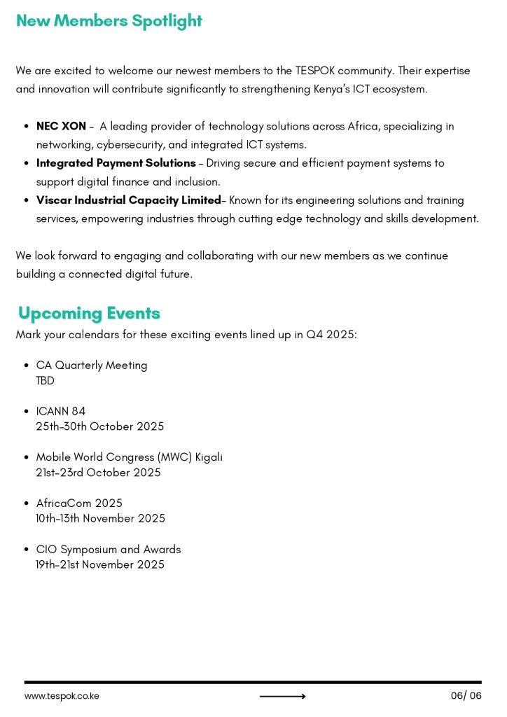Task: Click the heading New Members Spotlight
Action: (109, 21)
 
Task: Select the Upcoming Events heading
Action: (89, 313)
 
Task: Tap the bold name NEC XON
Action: (61, 127)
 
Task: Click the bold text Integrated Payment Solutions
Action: (116, 163)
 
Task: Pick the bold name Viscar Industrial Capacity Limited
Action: (128, 200)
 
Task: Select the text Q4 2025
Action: (330, 335)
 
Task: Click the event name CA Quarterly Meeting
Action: (92, 366)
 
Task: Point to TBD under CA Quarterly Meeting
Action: (45, 381)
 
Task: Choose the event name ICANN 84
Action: (61, 412)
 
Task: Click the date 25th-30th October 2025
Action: (100, 426)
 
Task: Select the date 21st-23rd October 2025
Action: (98, 473)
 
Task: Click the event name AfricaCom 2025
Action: (79, 503)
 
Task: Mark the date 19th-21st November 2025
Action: (100, 564)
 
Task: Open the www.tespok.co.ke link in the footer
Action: (62, 696)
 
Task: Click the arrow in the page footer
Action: (282, 696)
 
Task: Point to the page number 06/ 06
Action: (466, 696)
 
